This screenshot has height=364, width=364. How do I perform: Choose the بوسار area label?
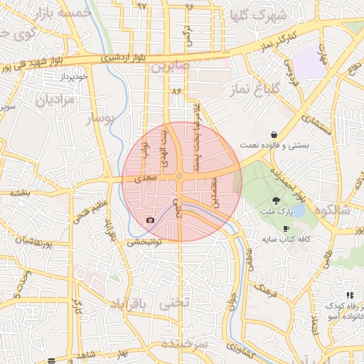100,119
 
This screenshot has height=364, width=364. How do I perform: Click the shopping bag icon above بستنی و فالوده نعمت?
274,134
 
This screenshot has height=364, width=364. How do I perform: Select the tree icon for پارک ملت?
276,201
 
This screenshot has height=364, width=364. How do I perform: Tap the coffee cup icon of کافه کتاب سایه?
285,228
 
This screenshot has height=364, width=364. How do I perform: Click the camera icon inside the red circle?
150,220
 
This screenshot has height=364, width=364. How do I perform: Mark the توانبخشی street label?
145,242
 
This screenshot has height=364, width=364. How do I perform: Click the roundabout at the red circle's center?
181,177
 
